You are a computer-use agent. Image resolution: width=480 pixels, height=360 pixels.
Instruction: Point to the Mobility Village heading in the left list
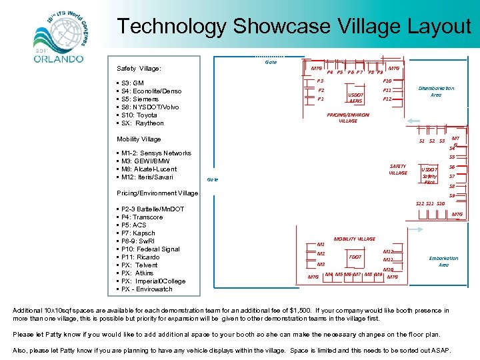[x=139, y=139]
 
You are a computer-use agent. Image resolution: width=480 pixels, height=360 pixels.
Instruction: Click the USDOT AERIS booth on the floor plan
[x=356, y=97]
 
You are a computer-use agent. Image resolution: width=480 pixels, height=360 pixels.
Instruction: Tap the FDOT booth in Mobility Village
[x=355, y=257]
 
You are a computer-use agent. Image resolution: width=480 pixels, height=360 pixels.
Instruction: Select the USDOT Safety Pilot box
[x=429, y=175]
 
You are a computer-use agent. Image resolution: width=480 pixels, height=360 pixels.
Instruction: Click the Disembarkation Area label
[x=436, y=91]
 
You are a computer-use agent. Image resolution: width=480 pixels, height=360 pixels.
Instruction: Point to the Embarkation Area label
[x=443, y=261]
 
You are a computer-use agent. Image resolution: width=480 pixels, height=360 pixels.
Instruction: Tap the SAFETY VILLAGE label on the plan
[x=397, y=169]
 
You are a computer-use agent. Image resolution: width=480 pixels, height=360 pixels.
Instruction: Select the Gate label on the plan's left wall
[x=212, y=180]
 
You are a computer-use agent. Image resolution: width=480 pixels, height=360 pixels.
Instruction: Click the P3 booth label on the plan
[x=321, y=81]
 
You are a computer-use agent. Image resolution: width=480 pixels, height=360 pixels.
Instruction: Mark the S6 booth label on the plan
[x=452, y=167]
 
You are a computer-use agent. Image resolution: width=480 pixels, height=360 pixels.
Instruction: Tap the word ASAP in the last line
[x=440, y=351]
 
